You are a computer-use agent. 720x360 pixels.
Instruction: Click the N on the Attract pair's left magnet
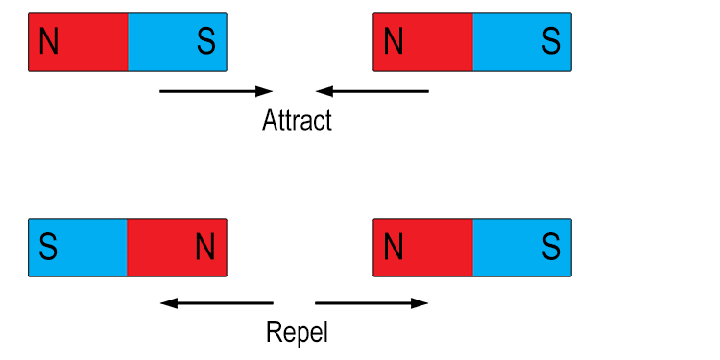click(x=48, y=42)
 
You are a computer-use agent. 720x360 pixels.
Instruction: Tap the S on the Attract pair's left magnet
click(x=205, y=42)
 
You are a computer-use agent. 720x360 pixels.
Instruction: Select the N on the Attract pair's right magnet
click(x=393, y=42)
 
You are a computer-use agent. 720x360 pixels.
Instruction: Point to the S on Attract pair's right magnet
click(x=550, y=42)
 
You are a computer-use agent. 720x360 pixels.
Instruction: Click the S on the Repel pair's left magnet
click(x=48, y=248)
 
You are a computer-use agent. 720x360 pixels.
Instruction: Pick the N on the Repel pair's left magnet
click(x=205, y=248)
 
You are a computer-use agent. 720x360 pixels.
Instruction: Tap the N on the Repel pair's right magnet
click(x=393, y=248)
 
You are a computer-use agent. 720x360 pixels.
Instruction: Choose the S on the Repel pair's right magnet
click(x=550, y=248)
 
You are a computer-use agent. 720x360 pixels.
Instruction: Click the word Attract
click(x=297, y=121)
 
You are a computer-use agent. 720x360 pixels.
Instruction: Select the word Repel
click(x=297, y=333)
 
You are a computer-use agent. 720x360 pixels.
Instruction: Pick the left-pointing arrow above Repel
click(x=217, y=303)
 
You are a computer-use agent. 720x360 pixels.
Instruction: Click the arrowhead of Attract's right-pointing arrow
click(x=266, y=91)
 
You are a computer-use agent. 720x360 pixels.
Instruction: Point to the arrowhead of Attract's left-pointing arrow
click(x=324, y=91)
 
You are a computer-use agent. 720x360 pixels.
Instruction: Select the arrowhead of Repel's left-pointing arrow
click(x=168, y=303)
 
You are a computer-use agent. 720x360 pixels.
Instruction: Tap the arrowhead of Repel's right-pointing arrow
click(x=420, y=303)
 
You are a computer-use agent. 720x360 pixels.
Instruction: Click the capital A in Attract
click(x=270, y=121)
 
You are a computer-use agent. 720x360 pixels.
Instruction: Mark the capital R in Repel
click(x=273, y=333)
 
